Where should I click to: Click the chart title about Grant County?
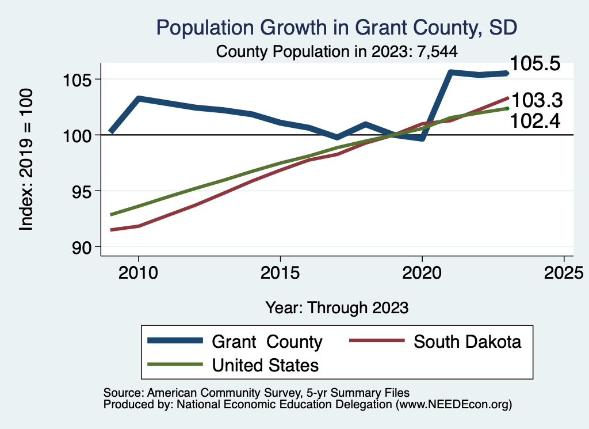click(336, 28)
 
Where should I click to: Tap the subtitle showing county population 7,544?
click(336, 51)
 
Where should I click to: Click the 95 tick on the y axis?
click(79, 191)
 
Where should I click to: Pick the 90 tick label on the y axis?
click(79, 247)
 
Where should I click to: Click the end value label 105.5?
click(536, 64)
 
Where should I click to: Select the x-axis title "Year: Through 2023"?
click(336, 307)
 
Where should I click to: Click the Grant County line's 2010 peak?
click(138, 98)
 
